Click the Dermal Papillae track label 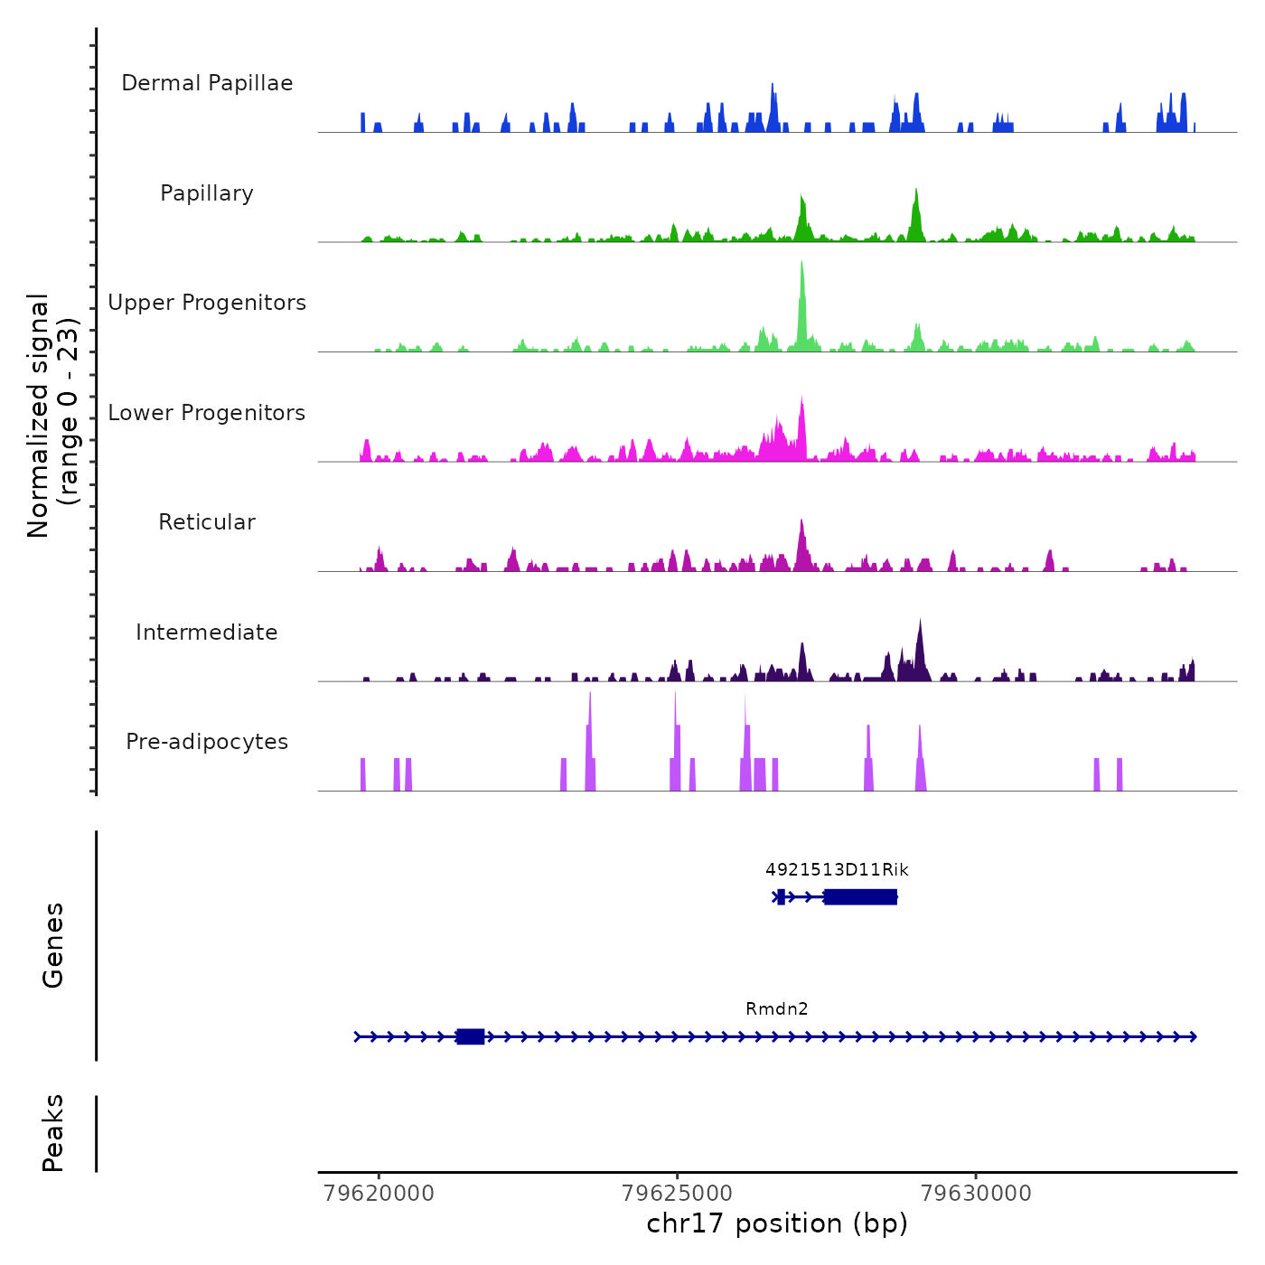coord(207,83)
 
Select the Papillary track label coord(207,193)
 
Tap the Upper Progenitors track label coord(207,303)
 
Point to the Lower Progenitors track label coord(207,413)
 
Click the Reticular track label coord(207,522)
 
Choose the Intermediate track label coord(207,632)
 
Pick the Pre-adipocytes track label coord(207,742)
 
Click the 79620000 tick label coord(379,1194)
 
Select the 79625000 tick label coord(678,1194)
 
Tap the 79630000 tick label coord(976,1194)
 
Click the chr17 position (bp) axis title coord(777,1223)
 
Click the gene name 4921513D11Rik coord(837,870)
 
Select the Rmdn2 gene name coord(777,1009)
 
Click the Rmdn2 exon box coord(470,1036)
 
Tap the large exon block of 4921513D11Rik coord(860,896)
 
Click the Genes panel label coord(53,945)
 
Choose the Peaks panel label coord(53,1133)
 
